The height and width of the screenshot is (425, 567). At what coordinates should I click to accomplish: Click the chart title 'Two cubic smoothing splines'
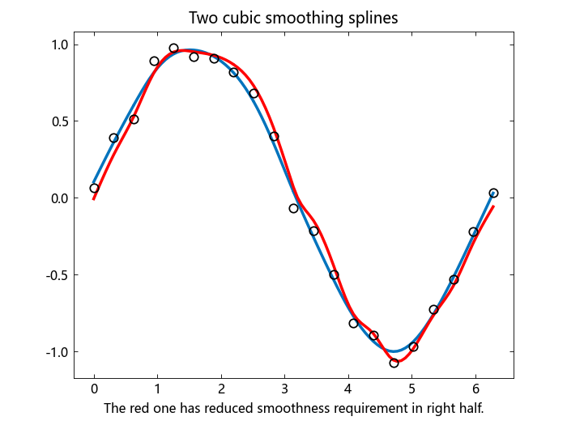pos(293,18)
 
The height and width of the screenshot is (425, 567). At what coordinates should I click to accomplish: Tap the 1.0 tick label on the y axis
pos(60,45)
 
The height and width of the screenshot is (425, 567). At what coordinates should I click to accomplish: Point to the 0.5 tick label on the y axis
pos(60,121)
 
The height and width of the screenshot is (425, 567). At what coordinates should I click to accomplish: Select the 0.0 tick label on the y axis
pos(60,198)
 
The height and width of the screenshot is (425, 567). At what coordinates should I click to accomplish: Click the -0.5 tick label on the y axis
pos(58,275)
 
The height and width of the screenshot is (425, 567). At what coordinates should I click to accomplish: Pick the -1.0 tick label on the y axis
pos(58,352)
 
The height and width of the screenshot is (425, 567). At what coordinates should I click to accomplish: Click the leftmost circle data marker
pos(94,188)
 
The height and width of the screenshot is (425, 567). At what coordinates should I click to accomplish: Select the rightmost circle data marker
pos(493,193)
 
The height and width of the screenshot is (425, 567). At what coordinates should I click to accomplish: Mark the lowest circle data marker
pos(394,363)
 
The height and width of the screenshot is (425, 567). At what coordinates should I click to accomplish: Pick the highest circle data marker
pos(174,49)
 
